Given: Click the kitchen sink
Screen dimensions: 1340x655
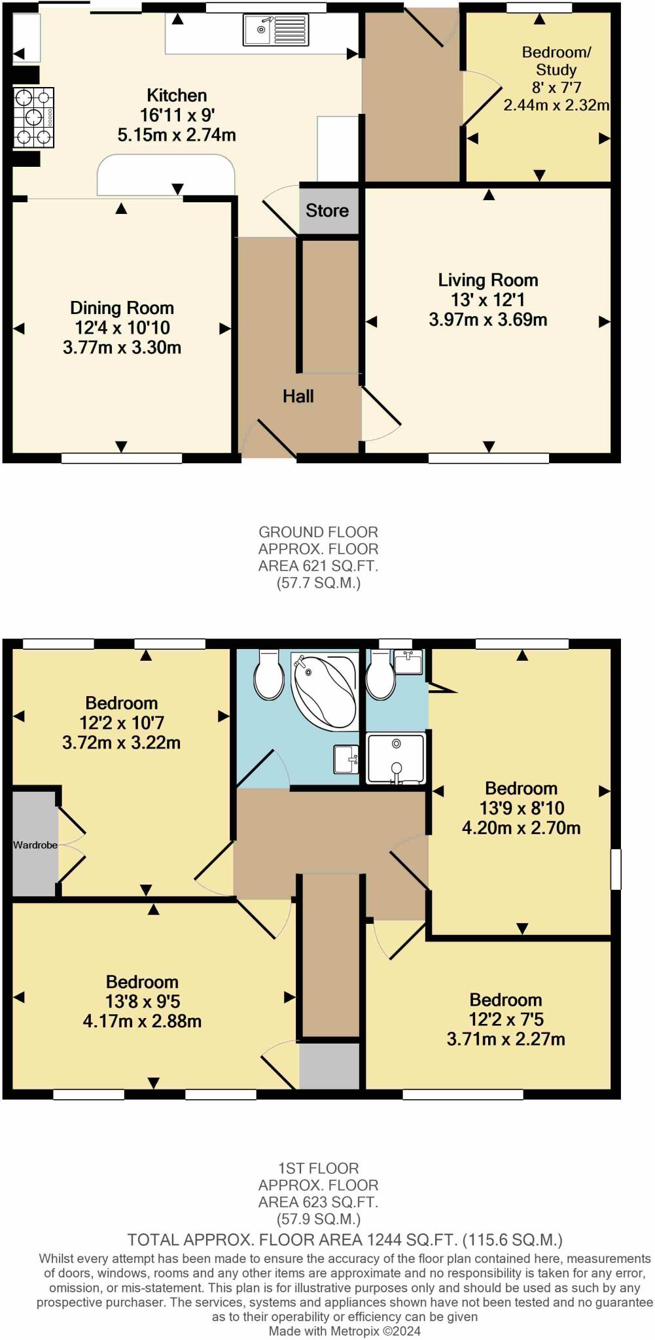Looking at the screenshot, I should [x=275, y=30].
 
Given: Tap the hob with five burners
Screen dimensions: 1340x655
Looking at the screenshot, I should [x=33, y=118].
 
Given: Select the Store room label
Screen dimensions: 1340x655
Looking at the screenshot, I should [x=327, y=211].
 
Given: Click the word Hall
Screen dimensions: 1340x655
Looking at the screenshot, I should [x=298, y=396].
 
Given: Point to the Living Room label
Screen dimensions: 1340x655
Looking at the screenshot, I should [x=488, y=280].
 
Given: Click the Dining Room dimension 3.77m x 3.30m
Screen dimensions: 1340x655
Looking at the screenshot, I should [x=122, y=347].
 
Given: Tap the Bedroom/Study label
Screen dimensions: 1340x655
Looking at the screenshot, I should [x=556, y=61].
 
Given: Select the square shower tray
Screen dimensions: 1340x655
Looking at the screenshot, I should [x=396, y=758].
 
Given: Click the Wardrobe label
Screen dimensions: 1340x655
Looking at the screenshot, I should [x=35, y=845].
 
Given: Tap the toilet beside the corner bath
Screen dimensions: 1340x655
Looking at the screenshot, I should [x=268, y=675].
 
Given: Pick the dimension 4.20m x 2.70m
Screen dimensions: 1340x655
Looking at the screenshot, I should [x=521, y=828].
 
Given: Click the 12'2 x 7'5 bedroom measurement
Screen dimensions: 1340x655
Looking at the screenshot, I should [x=506, y=1019].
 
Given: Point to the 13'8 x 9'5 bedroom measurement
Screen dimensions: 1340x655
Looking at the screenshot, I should [x=142, y=1001].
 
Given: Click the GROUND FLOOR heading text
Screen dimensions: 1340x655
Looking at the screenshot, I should [x=318, y=532].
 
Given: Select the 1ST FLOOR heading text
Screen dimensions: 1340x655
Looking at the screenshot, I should [x=318, y=1168].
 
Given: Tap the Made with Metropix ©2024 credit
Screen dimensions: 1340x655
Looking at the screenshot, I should [x=345, y=1331].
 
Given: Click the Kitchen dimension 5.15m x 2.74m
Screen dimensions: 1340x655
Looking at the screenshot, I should [x=177, y=135].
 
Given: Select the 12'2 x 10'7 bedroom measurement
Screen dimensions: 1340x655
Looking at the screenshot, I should [x=122, y=722].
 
